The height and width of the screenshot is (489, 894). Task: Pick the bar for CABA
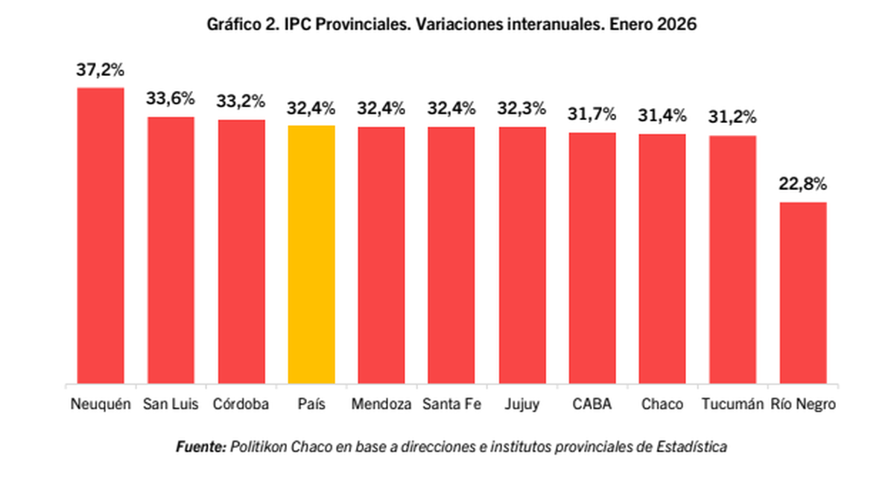click(x=592, y=258)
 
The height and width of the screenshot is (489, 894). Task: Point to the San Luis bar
click(x=171, y=250)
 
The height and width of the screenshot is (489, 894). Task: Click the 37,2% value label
click(x=100, y=71)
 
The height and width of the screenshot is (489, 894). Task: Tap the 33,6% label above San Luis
click(x=170, y=99)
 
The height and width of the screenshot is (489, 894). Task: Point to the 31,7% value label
click(x=592, y=115)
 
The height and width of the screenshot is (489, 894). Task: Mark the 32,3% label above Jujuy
click(x=522, y=109)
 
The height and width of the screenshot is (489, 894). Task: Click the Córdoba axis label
click(x=241, y=405)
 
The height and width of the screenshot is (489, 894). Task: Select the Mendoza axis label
click(x=381, y=405)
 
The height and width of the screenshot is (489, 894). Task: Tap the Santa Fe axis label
click(x=451, y=405)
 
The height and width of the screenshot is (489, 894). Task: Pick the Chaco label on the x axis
click(x=662, y=405)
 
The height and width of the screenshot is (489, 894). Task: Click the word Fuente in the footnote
click(x=200, y=447)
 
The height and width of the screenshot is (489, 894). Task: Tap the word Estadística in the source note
click(x=693, y=447)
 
